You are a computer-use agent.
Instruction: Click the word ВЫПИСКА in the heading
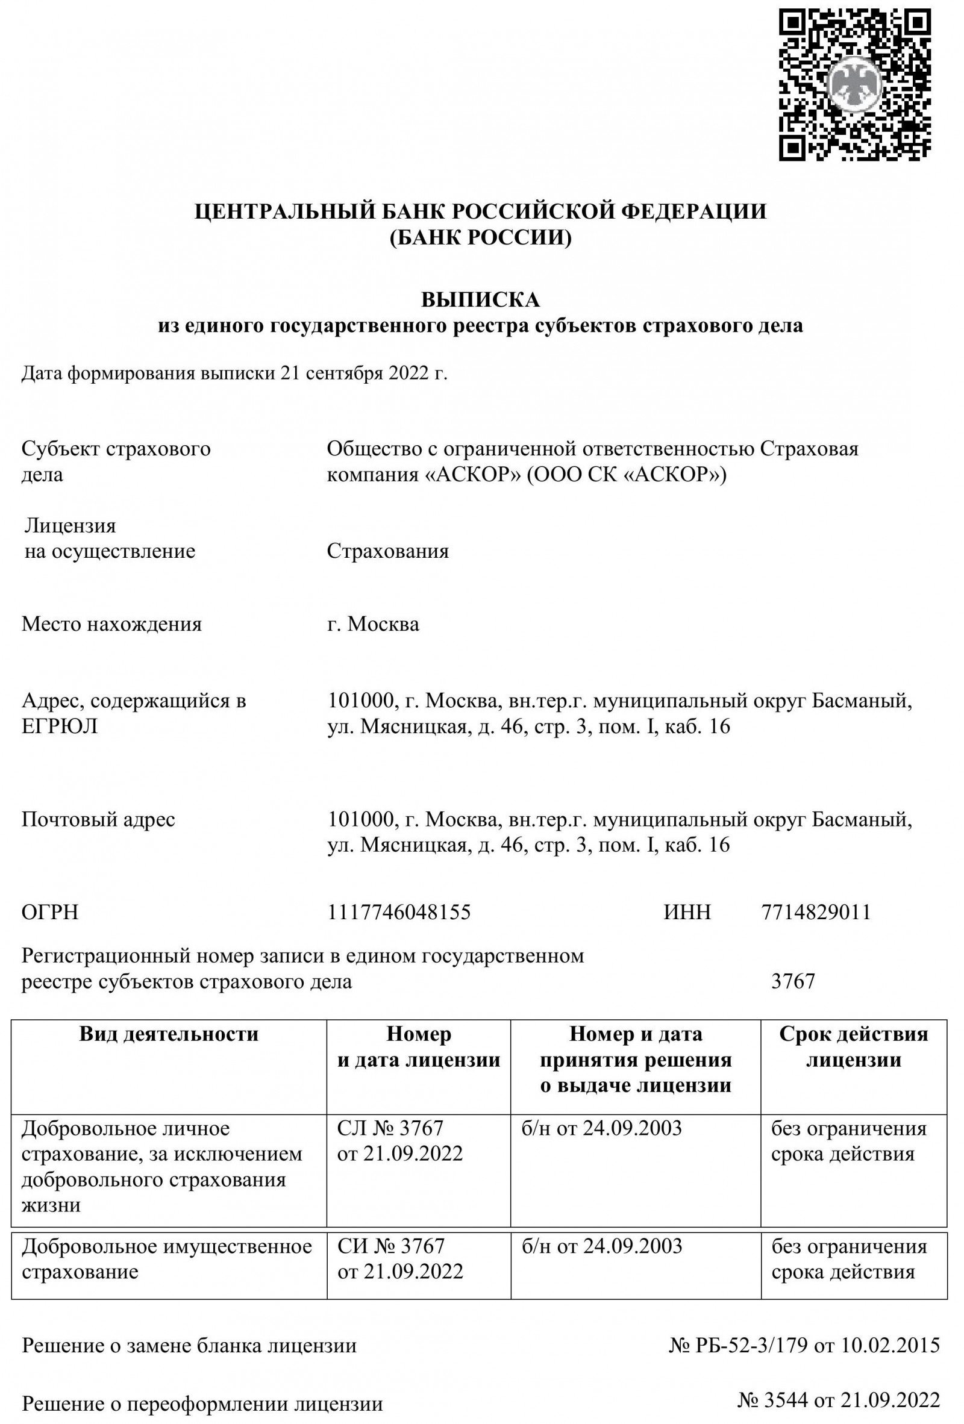coord(480,299)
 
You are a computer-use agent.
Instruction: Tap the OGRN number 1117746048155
coord(399,912)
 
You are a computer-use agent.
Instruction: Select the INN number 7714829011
coord(816,912)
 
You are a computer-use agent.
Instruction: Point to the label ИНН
coord(687,912)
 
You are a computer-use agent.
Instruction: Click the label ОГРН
coord(50,913)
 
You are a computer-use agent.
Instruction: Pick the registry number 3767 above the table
coord(793,981)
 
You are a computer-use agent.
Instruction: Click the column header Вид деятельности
coord(169,1034)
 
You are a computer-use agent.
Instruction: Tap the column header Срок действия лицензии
coord(853,1047)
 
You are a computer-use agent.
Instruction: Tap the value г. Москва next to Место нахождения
coord(373,624)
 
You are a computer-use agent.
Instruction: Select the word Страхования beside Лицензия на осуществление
coord(387,551)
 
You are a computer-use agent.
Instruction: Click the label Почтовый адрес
coord(99,819)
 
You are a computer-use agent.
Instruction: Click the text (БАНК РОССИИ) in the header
coord(480,238)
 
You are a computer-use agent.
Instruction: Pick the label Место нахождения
coord(111,624)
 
